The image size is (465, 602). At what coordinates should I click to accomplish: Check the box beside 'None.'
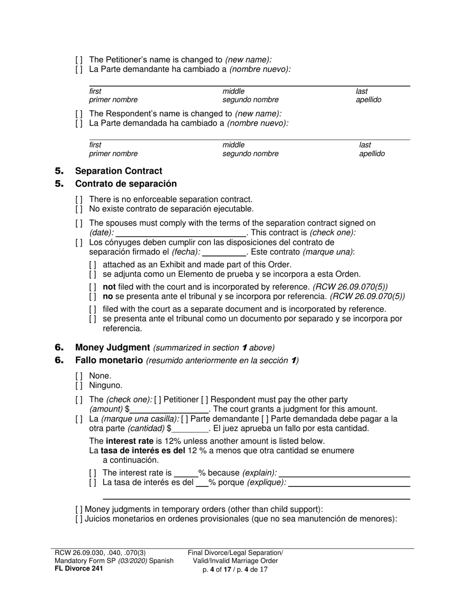click(79, 376)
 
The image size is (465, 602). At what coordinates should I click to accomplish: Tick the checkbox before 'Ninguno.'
click(79, 386)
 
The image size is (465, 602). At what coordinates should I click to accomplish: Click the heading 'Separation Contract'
click(118, 171)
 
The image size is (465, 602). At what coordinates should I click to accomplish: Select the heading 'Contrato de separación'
click(126, 184)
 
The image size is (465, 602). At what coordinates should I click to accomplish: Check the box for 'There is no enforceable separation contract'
click(79, 200)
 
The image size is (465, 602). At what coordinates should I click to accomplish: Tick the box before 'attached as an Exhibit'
click(93, 265)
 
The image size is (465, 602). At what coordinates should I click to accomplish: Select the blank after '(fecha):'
click(224, 252)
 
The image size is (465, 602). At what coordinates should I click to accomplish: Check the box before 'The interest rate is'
click(93, 473)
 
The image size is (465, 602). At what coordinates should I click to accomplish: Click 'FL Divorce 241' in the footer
click(79, 569)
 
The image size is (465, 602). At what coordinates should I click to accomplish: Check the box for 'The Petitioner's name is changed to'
click(79, 60)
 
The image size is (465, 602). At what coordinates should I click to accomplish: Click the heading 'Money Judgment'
click(112, 347)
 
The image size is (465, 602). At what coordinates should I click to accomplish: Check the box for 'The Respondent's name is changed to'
click(79, 114)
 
